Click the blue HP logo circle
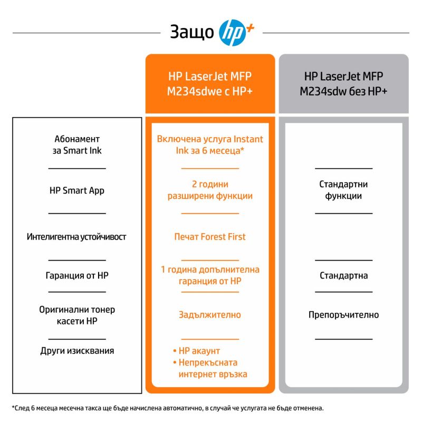pyautogui.click(x=232, y=33)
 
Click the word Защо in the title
pyautogui.click(x=192, y=32)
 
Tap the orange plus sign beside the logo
pyautogui.click(x=250, y=28)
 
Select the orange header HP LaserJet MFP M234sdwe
pyautogui.click(x=210, y=84)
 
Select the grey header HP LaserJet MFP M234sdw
pyautogui.click(x=343, y=84)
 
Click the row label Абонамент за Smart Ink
pyautogui.click(x=77, y=145)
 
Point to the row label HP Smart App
pyautogui.click(x=77, y=190)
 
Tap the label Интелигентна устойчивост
pyautogui.click(x=76, y=236)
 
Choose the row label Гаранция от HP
pyautogui.click(x=77, y=275)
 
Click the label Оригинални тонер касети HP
pyautogui.click(x=77, y=315)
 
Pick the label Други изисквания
pyautogui.click(x=77, y=351)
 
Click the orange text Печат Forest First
pyautogui.click(x=210, y=236)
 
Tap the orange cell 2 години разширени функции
pyautogui.click(x=210, y=190)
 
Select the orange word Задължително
pyautogui.click(x=210, y=314)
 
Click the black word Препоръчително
pyautogui.click(x=344, y=314)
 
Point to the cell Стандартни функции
pyautogui.click(x=343, y=190)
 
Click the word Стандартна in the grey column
pyautogui.click(x=344, y=275)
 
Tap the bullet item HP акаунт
pyautogui.click(x=196, y=351)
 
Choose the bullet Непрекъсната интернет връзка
pyautogui.click(x=210, y=368)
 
